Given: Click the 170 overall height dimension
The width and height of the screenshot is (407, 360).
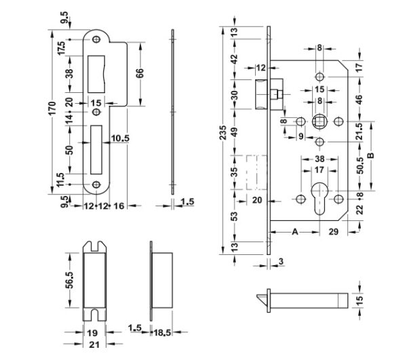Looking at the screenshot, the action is pos(52,108).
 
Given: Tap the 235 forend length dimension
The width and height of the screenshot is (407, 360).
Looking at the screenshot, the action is pos(222,132).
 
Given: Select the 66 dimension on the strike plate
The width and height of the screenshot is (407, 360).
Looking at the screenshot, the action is pos(140,73).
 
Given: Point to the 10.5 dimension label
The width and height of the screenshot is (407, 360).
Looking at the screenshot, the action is pos(120,138).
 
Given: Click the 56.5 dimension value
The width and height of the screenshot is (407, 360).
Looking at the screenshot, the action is pos(70,280).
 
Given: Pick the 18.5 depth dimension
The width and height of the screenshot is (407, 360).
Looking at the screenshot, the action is pos(163,332).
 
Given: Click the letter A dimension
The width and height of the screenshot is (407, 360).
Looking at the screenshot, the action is pos(295,232).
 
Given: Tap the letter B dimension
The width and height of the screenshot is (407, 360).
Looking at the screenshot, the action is pos(371,156).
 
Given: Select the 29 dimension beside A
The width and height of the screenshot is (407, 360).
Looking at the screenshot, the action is pos(334,232).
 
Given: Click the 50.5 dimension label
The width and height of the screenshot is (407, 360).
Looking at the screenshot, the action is pos(360,165).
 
